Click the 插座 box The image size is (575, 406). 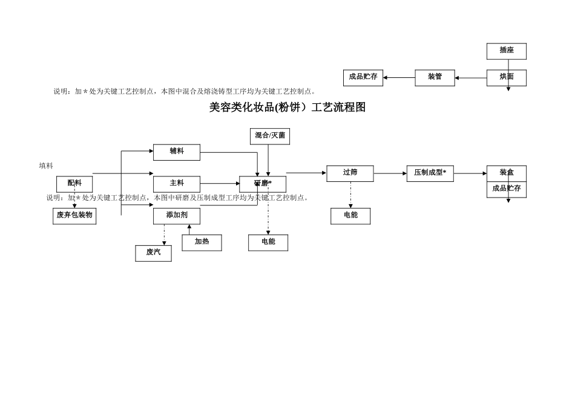507,51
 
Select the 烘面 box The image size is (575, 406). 507,77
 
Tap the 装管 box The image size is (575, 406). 435,77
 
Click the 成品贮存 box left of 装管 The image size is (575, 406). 363,77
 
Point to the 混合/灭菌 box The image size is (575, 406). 270,136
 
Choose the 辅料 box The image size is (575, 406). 177,152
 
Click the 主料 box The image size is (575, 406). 177,184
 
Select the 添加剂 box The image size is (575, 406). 177,216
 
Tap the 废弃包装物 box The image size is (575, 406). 74,216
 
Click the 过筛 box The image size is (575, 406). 350,173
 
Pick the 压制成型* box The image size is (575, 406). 430,173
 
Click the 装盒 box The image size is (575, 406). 507,173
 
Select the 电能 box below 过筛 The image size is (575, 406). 350,216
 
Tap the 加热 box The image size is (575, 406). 202,242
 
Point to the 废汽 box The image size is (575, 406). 153,253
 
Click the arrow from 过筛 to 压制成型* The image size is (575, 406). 390,173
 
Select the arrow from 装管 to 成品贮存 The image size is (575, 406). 399,77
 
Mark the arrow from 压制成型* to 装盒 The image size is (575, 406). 470,173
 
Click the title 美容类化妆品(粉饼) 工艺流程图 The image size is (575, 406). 287,108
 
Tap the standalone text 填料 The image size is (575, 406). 46,166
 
